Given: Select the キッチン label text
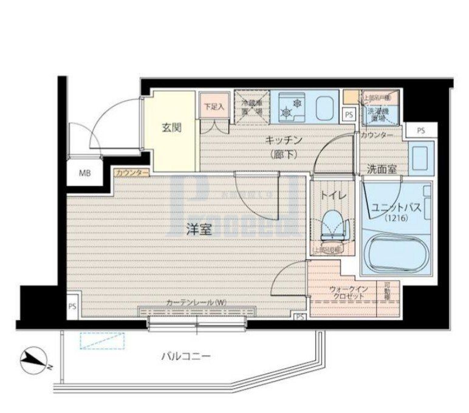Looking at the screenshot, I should pos(280,140).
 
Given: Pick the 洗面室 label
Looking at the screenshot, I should pos(382,169).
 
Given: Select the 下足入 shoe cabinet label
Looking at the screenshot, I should pos(213,106).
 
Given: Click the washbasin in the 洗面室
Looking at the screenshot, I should pos(420,155).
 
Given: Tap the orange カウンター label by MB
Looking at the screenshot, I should pos(131,173).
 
